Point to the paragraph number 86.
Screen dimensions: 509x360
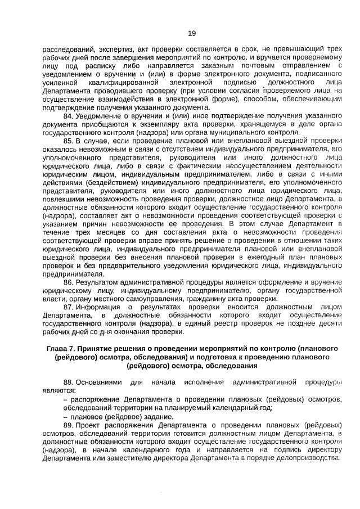point(69,282)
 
